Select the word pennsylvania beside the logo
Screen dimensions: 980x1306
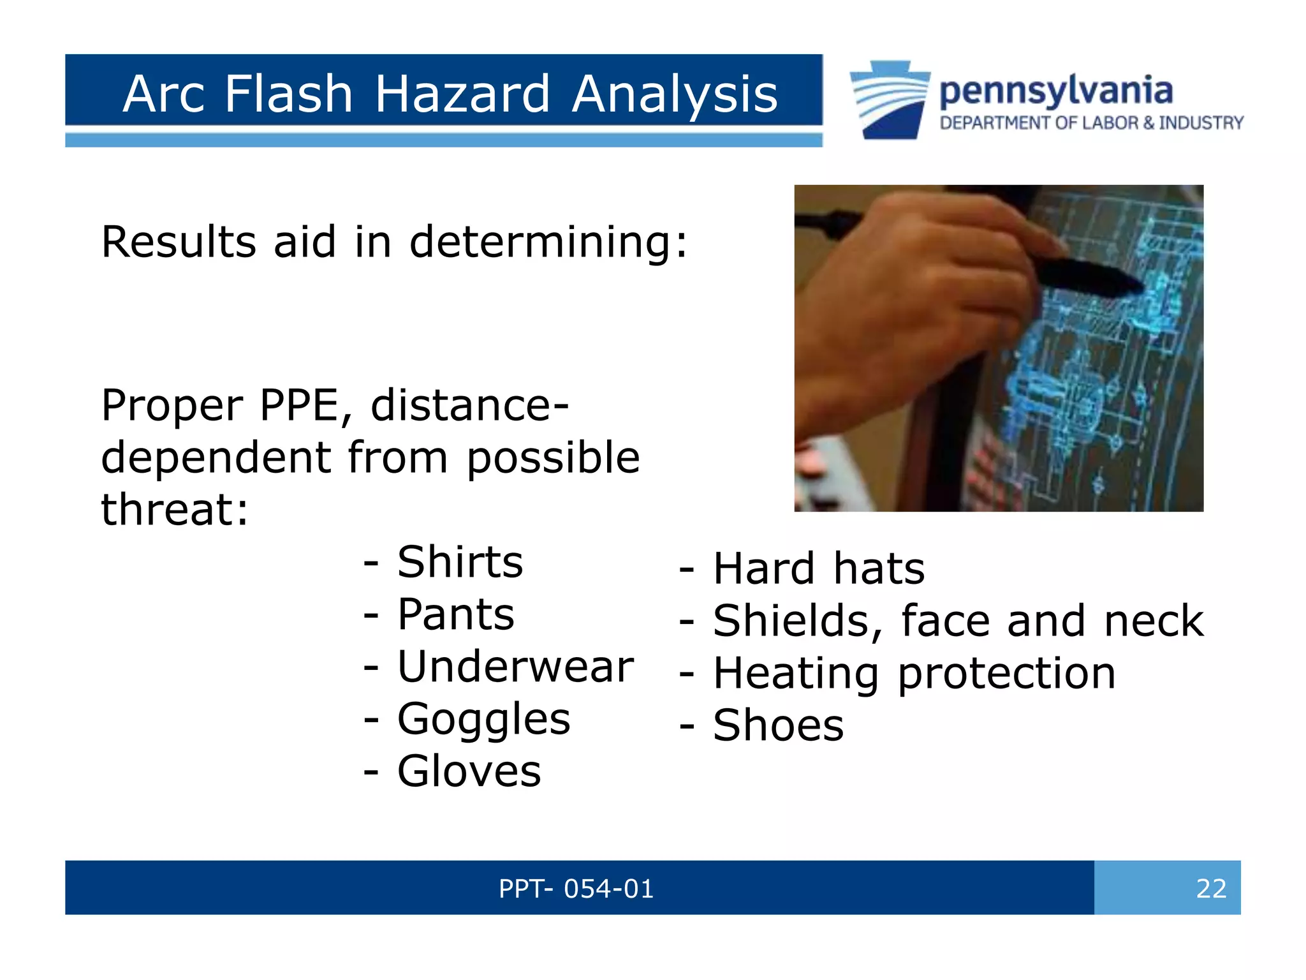click(x=1055, y=91)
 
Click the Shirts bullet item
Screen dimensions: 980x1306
click(x=459, y=562)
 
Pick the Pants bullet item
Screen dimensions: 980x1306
click(x=455, y=614)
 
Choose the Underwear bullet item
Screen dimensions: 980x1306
click(x=515, y=667)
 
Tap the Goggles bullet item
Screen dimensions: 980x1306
click(x=483, y=719)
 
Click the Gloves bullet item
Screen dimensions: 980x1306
click(x=469, y=771)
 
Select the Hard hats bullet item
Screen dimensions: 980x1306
click(x=818, y=568)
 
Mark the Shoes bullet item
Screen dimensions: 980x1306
click(x=778, y=725)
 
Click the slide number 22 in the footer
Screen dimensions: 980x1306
click(x=1210, y=888)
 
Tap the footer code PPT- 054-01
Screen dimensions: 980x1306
click(x=576, y=888)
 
